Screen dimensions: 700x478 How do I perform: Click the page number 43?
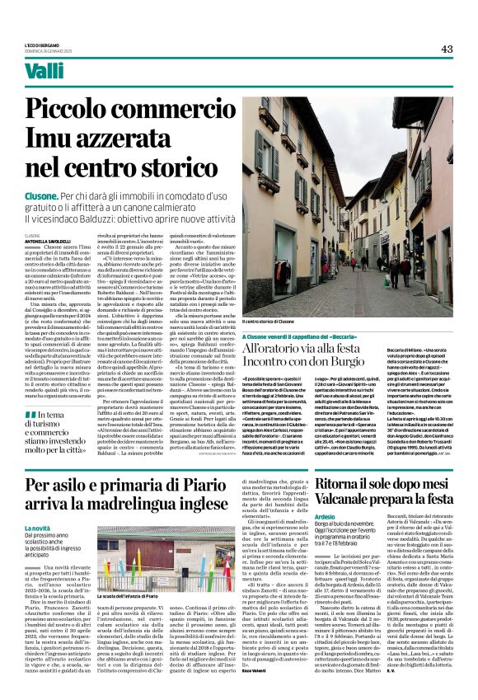[447, 49]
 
